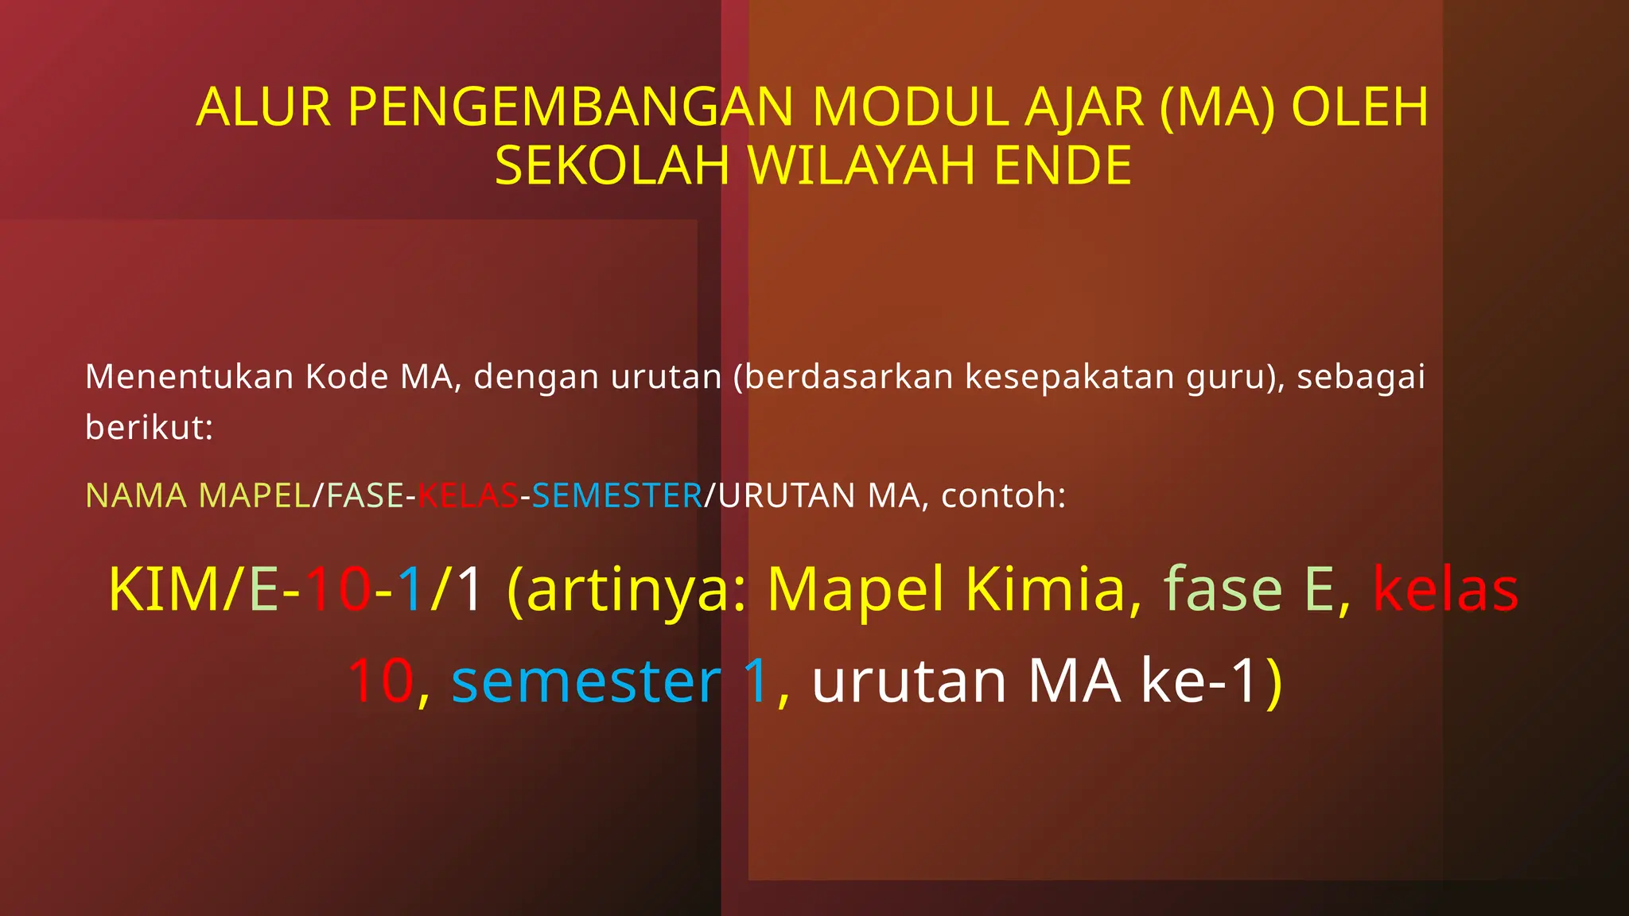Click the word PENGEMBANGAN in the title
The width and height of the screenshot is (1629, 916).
(x=570, y=107)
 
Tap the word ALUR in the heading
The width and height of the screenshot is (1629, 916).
(x=263, y=107)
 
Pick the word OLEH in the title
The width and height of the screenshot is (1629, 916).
(x=1359, y=107)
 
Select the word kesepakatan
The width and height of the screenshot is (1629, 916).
(x=1069, y=377)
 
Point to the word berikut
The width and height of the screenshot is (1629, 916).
(x=148, y=428)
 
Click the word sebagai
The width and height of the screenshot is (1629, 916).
(x=1361, y=377)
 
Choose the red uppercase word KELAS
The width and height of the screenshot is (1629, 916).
(x=468, y=496)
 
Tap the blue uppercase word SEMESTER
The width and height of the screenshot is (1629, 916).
(x=617, y=496)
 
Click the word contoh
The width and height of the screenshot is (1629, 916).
(x=1002, y=496)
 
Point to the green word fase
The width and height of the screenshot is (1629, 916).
(x=1223, y=589)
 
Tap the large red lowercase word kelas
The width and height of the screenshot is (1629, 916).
(x=1445, y=589)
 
